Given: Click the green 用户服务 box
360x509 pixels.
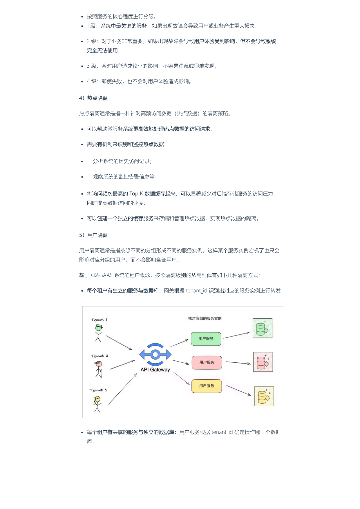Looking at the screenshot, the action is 206,339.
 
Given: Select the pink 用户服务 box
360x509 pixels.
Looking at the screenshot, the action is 207,362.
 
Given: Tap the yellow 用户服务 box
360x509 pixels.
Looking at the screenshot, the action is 207,386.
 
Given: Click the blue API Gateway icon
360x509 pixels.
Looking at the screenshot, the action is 155,355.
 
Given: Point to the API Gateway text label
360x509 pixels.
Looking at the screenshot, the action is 155,370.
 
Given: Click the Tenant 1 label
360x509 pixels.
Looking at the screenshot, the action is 99,320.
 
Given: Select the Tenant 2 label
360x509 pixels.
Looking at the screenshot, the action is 100,356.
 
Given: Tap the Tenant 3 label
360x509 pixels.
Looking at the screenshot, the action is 98,390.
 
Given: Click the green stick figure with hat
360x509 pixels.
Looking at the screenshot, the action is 99,333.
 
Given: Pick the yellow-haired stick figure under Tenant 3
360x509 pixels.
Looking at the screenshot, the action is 97,404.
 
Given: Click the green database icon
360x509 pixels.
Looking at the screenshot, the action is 263,328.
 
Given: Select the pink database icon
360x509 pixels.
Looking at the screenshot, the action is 263,362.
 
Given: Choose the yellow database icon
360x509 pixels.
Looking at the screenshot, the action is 264,396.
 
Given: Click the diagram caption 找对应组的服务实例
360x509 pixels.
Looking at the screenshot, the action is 205,318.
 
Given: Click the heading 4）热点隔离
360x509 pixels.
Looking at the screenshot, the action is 93,98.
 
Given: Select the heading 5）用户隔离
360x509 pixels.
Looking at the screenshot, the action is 93,235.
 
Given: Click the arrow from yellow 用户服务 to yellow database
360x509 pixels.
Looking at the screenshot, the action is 238,390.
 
